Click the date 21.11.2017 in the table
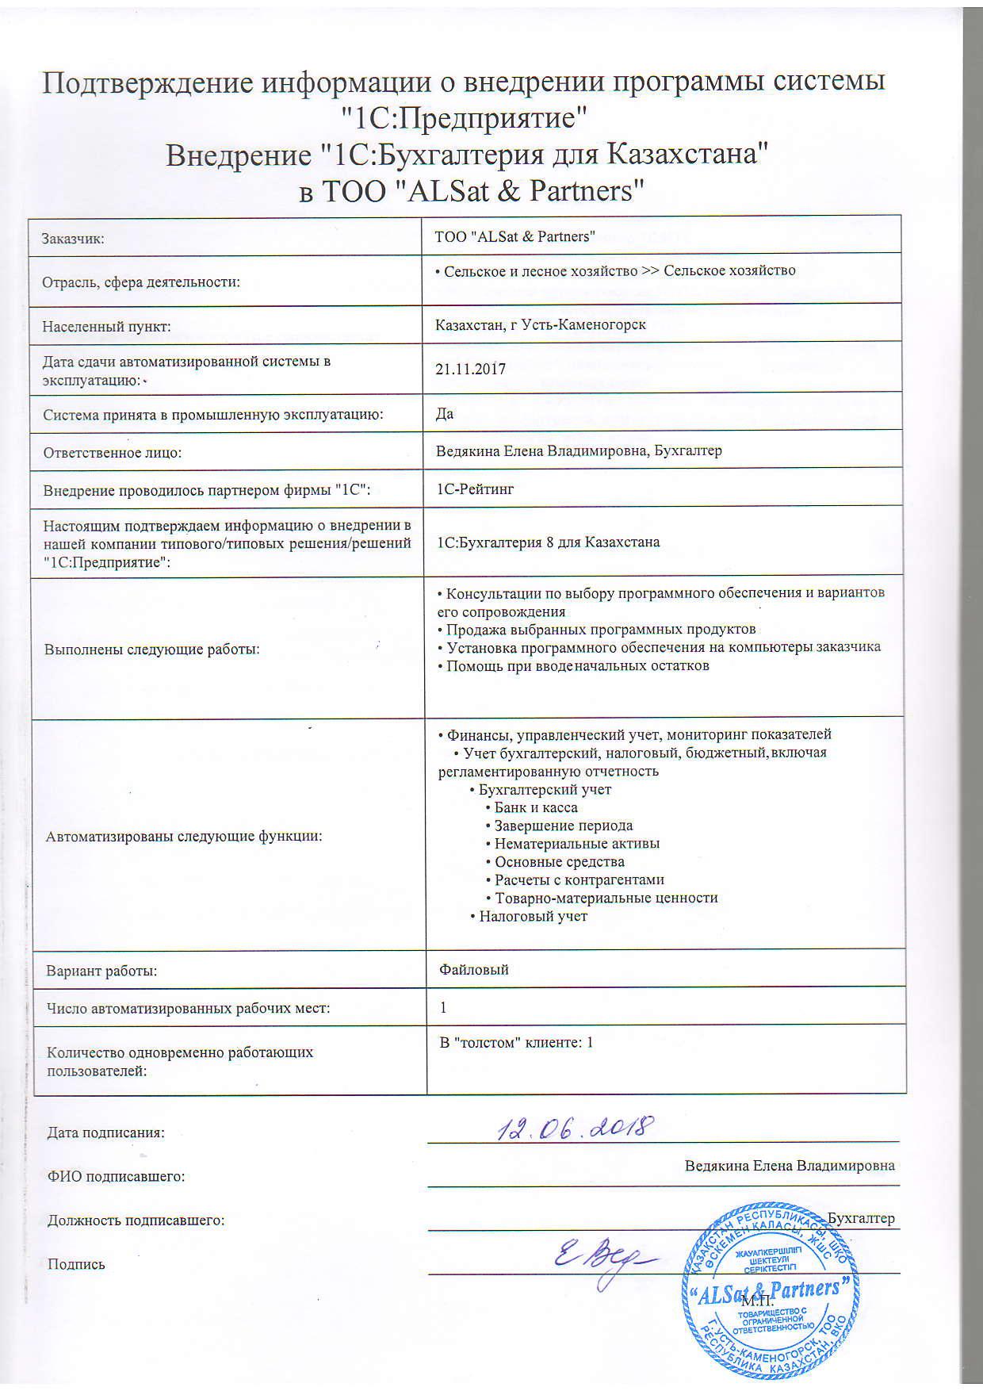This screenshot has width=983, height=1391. (x=471, y=369)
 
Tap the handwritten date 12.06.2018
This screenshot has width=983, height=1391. (x=575, y=1127)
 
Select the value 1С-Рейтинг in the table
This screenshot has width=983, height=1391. (x=475, y=489)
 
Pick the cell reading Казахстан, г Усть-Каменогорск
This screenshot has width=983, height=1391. (x=541, y=324)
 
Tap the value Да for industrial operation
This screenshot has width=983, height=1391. (x=445, y=414)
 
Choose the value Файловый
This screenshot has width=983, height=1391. (x=474, y=969)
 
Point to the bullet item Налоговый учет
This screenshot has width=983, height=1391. (x=533, y=916)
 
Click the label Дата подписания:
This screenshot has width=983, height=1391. (x=106, y=1132)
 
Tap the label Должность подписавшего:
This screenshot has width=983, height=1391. (x=136, y=1220)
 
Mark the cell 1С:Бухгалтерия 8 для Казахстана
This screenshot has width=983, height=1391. (x=549, y=542)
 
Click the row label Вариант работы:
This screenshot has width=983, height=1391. (x=101, y=971)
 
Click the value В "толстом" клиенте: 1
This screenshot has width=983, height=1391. (x=516, y=1042)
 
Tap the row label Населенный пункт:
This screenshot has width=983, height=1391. (x=107, y=326)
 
